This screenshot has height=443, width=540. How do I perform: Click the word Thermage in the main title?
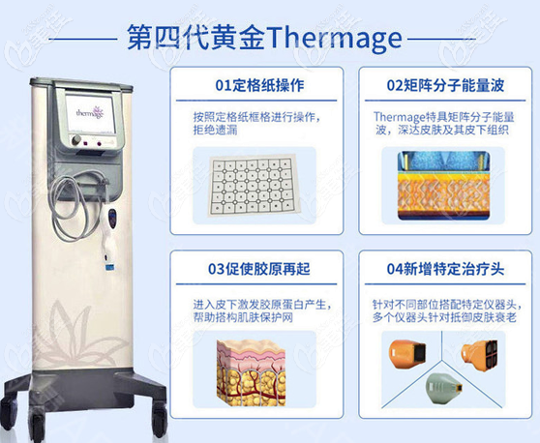[332, 38]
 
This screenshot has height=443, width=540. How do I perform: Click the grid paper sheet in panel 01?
[253, 184]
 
